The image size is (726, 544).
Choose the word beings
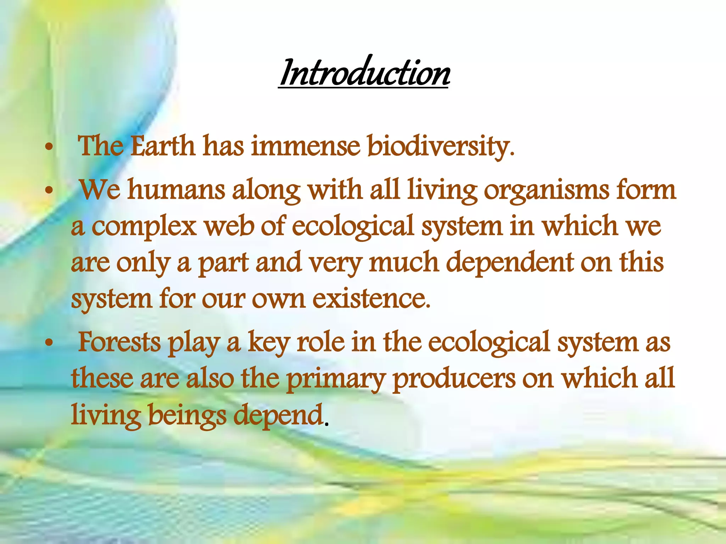tap(187, 415)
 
